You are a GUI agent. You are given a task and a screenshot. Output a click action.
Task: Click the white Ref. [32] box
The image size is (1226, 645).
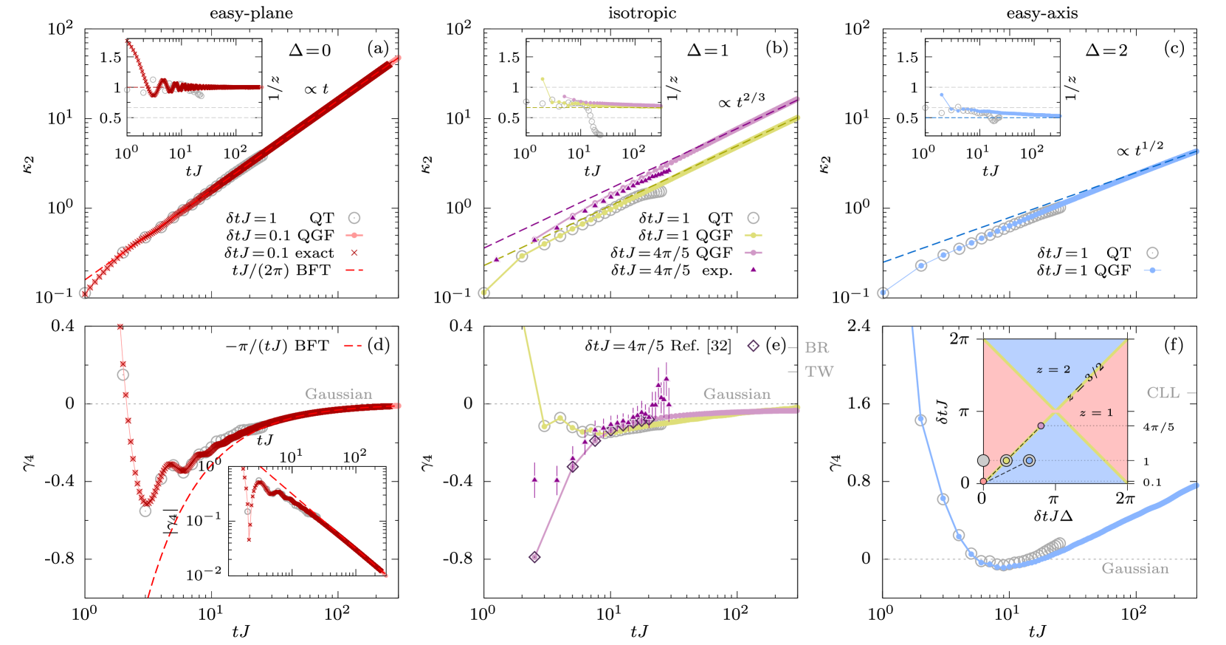[x=700, y=346]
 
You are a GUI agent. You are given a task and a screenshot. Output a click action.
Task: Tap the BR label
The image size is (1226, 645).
[x=816, y=347]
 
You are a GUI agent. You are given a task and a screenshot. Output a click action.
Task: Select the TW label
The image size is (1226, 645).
[x=819, y=372]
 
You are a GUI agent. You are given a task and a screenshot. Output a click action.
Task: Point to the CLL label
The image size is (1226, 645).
[x=1163, y=393]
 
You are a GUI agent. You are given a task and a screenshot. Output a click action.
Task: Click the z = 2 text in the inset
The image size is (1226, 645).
[x=1053, y=369]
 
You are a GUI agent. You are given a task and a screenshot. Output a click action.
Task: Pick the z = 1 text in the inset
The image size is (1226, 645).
[x=1095, y=413]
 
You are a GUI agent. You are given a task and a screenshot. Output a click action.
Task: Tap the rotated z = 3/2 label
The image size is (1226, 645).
[x=1086, y=381]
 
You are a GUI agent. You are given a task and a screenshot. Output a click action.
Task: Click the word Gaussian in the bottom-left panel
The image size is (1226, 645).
[x=339, y=394]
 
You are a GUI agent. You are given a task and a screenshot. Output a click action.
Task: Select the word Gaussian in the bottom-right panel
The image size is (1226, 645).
[x=1135, y=568]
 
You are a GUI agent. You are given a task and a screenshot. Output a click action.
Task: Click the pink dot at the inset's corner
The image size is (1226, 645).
[x=983, y=481]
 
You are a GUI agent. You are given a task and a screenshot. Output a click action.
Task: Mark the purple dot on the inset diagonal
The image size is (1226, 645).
[x=1041, y=426]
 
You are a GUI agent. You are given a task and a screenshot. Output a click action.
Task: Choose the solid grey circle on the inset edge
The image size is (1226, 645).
[x=983, y=460]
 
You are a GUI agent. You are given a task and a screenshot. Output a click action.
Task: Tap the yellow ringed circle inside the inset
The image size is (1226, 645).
[x=1006, y=460]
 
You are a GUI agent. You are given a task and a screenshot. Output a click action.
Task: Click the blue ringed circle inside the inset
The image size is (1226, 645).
[x=1029, y=460]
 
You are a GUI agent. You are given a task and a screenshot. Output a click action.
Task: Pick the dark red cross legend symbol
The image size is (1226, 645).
[x=354, y=253]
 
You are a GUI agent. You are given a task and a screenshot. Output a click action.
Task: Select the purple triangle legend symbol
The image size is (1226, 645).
[x=753, y=270]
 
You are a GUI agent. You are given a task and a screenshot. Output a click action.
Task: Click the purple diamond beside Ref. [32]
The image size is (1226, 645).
[x=753, y=346]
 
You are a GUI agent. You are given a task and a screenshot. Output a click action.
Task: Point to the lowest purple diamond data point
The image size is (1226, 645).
[x=535, y=557]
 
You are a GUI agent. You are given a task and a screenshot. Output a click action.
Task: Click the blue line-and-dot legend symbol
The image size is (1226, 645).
[x=1152, y=270]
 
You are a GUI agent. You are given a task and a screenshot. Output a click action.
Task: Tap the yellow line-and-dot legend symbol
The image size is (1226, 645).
[x=753, y=236]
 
